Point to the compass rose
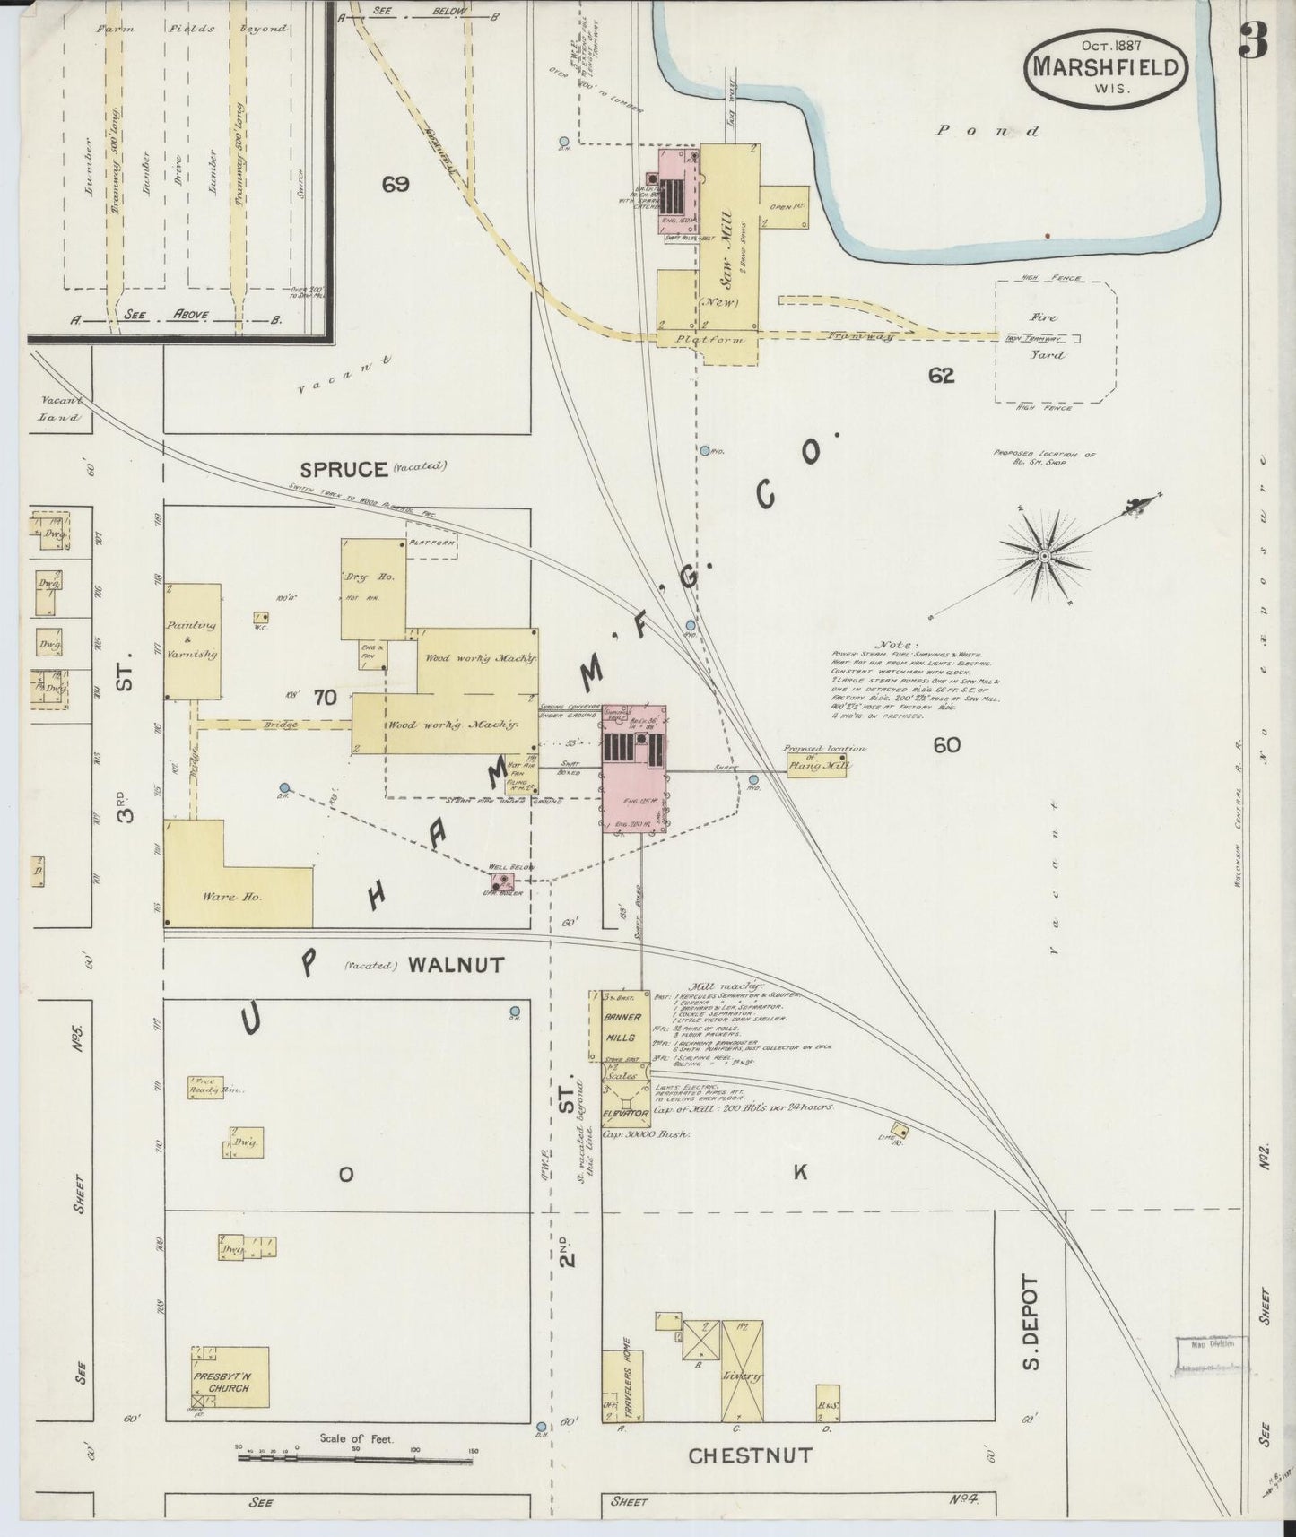(1044, 556)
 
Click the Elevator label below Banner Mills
(625, 1113)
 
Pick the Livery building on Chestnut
(742, 1375)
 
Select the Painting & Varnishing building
(192, 640)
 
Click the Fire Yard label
(1044, 335)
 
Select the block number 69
(395, 185)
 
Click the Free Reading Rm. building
(205, 1088)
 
